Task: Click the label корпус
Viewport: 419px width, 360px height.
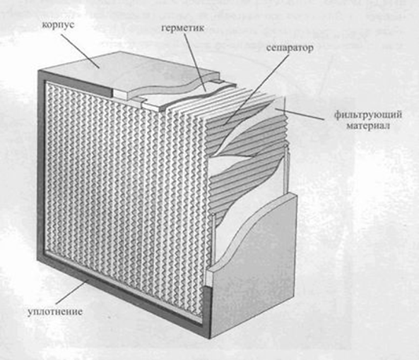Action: (x=58, y=25)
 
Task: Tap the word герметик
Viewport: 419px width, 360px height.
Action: (x=183, y=28)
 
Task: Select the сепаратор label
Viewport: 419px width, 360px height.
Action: (x=290, y=48)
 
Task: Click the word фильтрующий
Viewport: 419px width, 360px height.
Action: (x=367, y=115)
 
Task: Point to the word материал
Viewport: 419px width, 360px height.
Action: (x=368, y=126)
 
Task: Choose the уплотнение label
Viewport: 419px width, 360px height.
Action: (x=55, y=311)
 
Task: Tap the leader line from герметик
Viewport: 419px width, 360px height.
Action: (x=195, y=62)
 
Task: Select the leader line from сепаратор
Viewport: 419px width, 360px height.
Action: (x=256, y=90)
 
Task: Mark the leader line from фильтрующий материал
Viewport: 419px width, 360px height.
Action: (x=300, y=114)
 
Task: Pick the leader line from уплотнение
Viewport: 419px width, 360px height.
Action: (x=72, y=292)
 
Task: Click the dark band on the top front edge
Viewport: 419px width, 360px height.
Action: (x=76, y=82)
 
